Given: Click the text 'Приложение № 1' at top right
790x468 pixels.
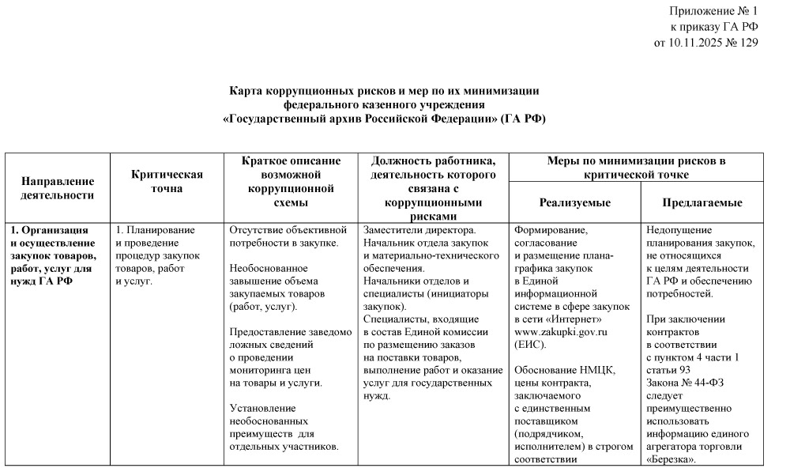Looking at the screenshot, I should coord(713,11).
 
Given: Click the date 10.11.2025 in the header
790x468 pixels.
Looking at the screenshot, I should coord(695,42).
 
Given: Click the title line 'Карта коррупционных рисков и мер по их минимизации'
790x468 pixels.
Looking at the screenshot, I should coord(384,91).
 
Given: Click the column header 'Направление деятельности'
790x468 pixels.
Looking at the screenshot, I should coord(57,188).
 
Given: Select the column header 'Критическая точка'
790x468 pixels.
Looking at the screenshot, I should coord(167,182).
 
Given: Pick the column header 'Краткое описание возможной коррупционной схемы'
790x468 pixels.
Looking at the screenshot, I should coord(290,182).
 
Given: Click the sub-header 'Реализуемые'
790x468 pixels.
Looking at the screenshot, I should coord(574,203).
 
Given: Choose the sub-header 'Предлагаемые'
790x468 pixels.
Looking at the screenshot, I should coord(702,203).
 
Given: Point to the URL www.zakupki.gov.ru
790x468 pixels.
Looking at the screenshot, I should coord(560,332).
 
